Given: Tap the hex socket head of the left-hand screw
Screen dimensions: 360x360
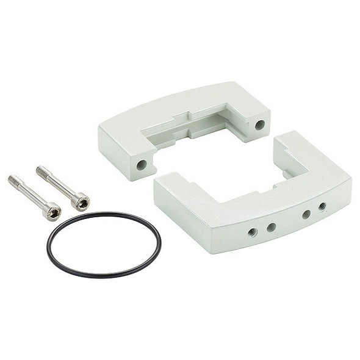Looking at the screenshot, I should (52, 212).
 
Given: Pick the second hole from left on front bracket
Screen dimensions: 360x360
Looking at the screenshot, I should (272, 227).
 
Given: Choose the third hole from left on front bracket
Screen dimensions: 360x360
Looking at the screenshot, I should (306, 214).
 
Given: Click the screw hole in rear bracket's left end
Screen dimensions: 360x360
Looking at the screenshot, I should (142, 164).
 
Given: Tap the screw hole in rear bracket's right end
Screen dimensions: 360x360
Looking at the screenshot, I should (260, 125).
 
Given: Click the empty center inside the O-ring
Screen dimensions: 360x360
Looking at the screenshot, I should (104, 244).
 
